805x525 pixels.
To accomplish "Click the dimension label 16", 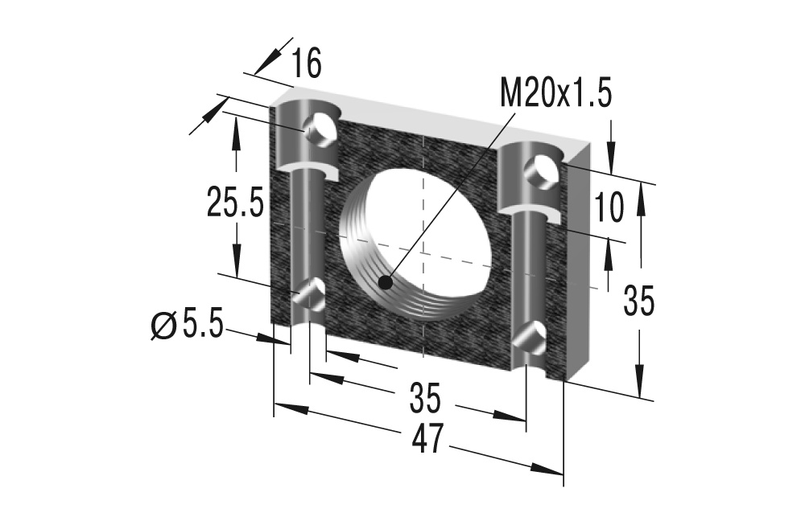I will [x=306, y=64].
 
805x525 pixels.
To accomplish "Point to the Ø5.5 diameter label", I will [x=186, y=326].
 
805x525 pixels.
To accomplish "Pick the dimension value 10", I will [x=610, y=208].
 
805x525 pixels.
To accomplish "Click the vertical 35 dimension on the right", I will [x=639, y=301].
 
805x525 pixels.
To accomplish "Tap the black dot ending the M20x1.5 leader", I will [x=386, y=283].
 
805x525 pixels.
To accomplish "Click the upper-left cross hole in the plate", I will [x=321, y=129].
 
